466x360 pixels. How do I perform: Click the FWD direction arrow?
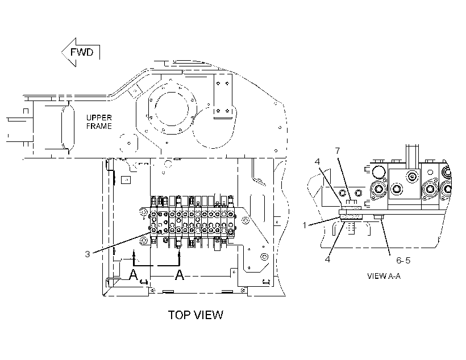coord(80,52)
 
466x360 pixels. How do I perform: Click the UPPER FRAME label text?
coord(99,122)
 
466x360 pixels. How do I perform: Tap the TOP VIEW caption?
coord(195,315)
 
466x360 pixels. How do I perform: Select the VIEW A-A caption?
coord(384,276)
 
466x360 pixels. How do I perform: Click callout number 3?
coord(88,254)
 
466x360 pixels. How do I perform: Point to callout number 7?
coord(338,151)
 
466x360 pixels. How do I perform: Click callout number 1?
coord(305,225)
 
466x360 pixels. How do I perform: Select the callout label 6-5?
coord(403,260)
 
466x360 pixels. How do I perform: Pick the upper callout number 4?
coord(318,162)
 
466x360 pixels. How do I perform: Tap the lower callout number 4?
coord(327,259)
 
